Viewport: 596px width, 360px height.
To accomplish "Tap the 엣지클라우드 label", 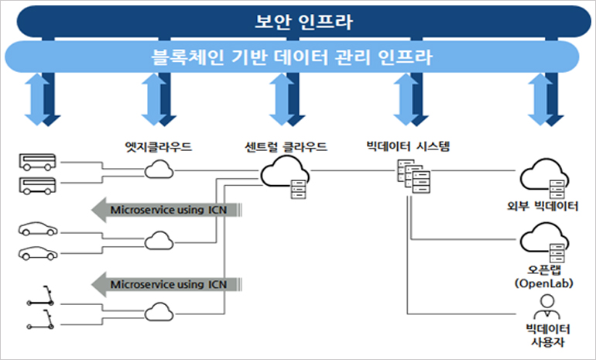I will tap(157, 146).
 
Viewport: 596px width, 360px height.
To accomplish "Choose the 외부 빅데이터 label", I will tap(548, 206).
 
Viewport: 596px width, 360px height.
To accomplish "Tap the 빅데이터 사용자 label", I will tap(548, 338).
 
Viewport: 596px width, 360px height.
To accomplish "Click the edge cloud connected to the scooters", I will tap(159, 311).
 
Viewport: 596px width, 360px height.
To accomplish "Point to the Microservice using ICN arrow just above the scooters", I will tap(166, 284).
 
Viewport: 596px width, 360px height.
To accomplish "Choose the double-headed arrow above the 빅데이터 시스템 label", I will tap(409, 99).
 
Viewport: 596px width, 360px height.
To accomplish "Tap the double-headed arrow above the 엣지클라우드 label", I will tap(157, 99).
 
